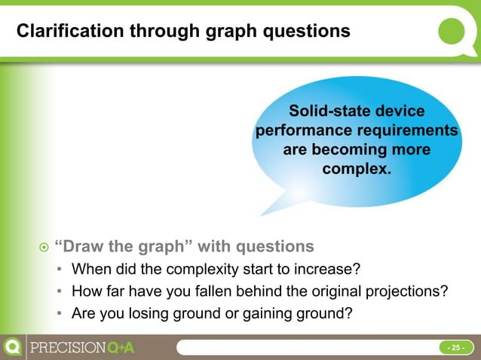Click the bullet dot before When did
(x=60, y=270)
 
